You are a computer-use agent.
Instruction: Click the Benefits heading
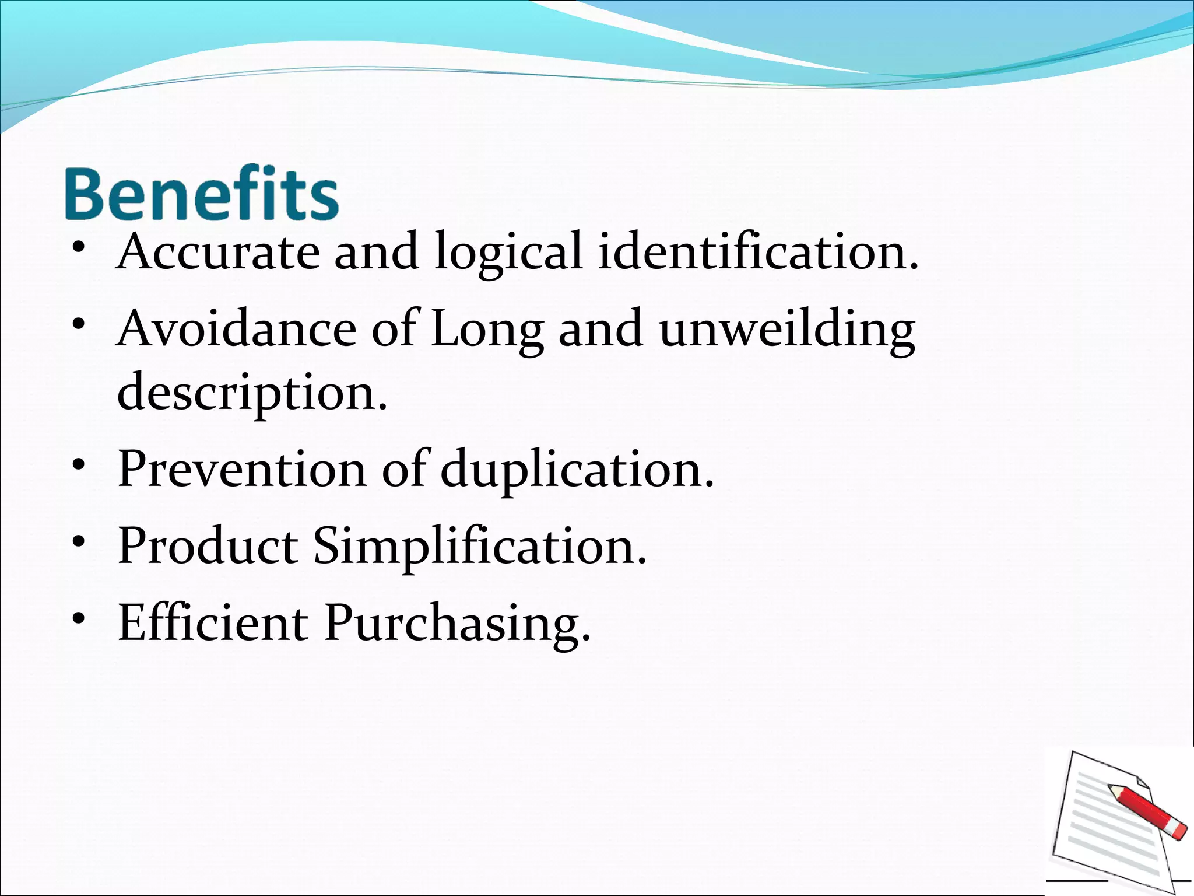(x=201, y=194)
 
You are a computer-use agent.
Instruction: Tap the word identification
(x=758, y=252)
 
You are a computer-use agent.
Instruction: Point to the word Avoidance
(x=236, y=329)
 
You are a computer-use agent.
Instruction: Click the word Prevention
(x=242, y=469)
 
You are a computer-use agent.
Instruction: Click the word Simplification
(x=480, y=547)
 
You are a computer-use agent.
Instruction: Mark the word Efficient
(x=213, y=623)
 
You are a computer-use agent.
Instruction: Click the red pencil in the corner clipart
(x=1147, y=812)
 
